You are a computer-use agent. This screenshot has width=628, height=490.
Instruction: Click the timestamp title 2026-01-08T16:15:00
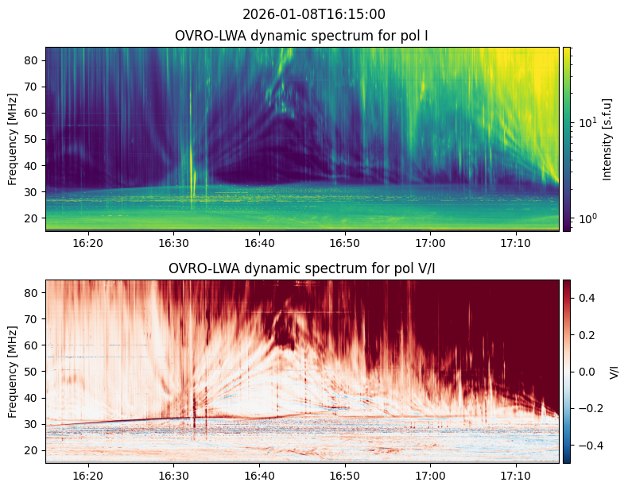click(314, 14)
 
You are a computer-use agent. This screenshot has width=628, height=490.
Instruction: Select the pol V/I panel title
click(301, 268)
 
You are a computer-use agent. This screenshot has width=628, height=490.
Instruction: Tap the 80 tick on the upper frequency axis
click(34, 60)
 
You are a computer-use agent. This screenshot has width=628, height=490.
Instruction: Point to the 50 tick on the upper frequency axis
click(34, 139)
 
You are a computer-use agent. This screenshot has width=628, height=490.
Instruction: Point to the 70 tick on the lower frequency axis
click(34, 319)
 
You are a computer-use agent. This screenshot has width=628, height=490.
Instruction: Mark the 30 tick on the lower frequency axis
click(34, 424)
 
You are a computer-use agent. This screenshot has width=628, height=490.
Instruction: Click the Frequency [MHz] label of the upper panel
click(13, 139)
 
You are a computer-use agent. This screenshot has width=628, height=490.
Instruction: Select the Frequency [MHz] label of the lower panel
click(13, 372)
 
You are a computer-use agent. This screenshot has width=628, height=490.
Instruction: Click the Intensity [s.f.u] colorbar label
click(607, 139)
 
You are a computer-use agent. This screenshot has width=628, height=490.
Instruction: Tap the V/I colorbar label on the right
click(614, 372)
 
